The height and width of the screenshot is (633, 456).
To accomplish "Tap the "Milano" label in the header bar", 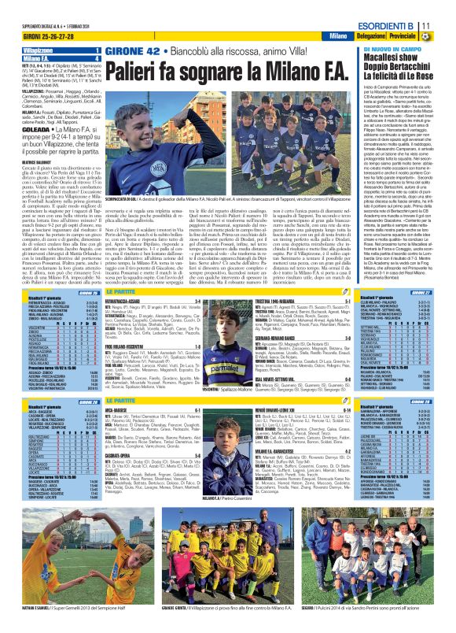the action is click(339, 37).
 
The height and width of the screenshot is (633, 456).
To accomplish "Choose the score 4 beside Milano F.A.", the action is click(96, 58).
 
